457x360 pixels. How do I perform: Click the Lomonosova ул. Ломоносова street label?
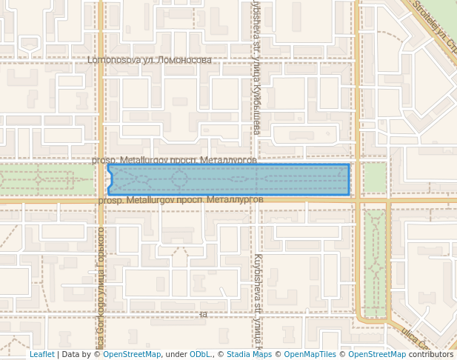point(149,60)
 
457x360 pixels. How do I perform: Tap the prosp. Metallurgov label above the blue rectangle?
point(174,160)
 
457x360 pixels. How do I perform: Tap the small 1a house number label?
point(203,314)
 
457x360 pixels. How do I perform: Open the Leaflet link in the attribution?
point(41,355)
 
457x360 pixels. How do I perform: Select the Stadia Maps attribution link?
point(249,355)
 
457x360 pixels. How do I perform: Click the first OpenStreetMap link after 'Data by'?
point(132,355)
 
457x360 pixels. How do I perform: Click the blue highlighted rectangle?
point(296,179)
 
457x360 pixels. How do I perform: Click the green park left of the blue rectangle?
point(44,179)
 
